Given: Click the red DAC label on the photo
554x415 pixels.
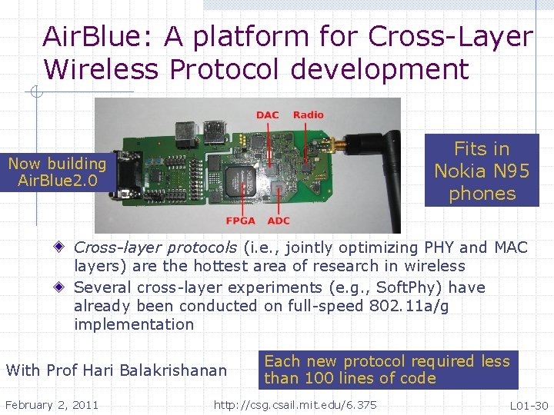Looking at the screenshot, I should (x=267, y=115).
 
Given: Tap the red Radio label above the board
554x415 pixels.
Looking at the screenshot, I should (x=309, y=115).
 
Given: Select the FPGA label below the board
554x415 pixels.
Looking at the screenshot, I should (x=241, y=221).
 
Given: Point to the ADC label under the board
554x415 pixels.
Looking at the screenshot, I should (x=279, y=221).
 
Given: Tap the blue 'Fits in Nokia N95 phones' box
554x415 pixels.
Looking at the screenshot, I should (x=482, y=171).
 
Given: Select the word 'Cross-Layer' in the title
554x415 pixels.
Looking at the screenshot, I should (x=450, y=36).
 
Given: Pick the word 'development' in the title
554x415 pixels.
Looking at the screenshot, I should (x=379, y=69).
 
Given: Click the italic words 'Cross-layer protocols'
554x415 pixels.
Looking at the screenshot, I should (x=155, y=247).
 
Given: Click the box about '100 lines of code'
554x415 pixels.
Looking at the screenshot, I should (x=387, y=370).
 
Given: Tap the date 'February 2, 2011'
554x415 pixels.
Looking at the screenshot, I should (x=52, y=404).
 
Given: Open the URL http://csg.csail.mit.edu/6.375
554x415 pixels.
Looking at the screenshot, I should (x=295, y=404).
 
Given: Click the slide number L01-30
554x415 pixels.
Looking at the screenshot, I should (x=529, y=405).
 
